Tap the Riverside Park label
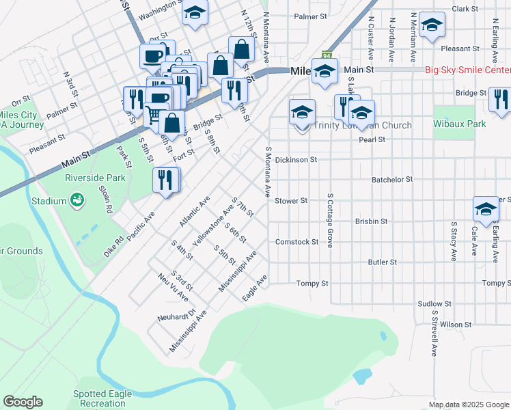tap(95, 178)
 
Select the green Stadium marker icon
tap(77, 201)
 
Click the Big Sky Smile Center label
tap(467, 70)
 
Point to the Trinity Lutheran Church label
tap(363, 126)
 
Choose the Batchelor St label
tap(392, 179)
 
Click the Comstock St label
tap(296, 242)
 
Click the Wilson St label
tap(456, 325)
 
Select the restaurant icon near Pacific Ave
tap(166, 180)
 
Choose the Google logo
tap(23, 402)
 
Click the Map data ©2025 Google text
tap(468, 405)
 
